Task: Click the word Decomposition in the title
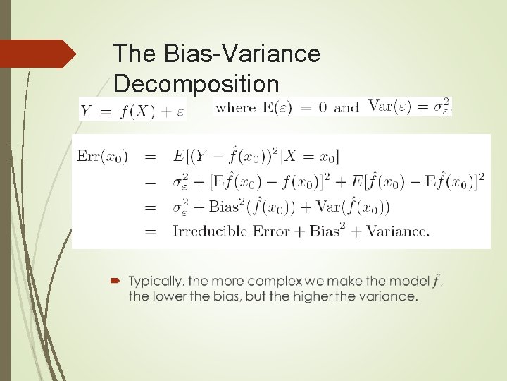pyautogui.click(x=196, y=84)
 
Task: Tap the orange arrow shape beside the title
pyautogui.click(x=38, y=54)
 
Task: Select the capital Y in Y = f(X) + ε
pyautogui.click(x=87, y=111)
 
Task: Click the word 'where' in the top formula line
pyautogui.click(x=235, y=107)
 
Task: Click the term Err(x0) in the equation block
pyautogui.click(x=103, y=157)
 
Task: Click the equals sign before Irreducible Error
pyautogui.click(x=149, y=231)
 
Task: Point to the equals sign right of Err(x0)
pyautogui.click(x=149, y=157)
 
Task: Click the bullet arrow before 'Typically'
pyautogui.click(x=116, y=281)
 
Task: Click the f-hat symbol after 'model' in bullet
pyautogui.click(x=437, y=279)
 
